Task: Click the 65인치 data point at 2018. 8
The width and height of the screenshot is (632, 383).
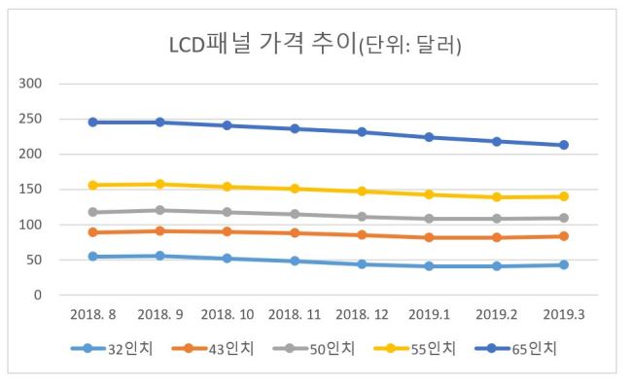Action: click(x=93, y=122)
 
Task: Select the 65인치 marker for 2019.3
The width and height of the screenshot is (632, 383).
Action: click(x=564, y=145)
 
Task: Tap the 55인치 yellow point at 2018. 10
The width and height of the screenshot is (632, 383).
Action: click(x=228, y=187)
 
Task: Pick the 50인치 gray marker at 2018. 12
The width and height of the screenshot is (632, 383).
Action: click(x=362, y=217)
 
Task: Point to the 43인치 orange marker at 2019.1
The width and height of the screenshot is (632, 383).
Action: click(x=429, y=237)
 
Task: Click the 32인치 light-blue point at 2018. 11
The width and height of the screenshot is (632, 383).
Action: click(x=295, y=261)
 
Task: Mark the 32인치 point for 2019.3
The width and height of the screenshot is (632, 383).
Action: click(x=564, y=264)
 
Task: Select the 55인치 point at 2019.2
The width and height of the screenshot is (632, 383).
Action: click(x=497, y=197)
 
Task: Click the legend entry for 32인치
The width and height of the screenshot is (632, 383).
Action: click(x=112, y=348)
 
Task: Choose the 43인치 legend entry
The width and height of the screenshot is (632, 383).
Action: click(x=213, y=348)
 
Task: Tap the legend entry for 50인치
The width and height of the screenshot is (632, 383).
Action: click(x=314, y=348)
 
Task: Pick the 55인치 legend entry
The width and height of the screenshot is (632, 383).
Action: click(x=415, y=348)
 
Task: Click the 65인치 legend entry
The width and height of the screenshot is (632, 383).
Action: click(x=516, y=348)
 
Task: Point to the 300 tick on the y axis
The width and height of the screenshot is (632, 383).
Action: click(x=30, y=84)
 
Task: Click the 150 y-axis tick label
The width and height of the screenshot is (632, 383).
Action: click(x=30, y=190)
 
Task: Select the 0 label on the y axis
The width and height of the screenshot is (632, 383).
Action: click(x=38, y=296)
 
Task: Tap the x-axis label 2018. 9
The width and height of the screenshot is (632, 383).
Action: click(x=160, y=314)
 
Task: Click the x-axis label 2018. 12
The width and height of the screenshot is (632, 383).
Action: click(x=362, y=314)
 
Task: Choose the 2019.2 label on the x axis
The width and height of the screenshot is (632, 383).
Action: click(x=497, y=314)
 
